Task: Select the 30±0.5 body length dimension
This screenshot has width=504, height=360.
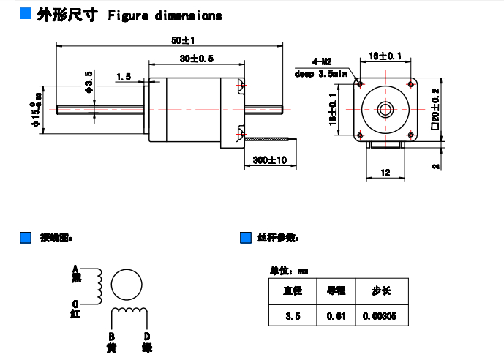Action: coord(195,57)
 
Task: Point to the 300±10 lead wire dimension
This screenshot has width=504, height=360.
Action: coord(269,160)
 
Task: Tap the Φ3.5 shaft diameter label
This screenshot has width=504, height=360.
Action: coord(89,82)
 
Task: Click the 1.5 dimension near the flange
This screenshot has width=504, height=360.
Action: coord(123,76)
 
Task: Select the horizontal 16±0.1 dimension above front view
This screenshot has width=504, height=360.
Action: coord(385,56)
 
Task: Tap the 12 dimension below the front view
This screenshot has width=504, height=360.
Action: coord(385,172)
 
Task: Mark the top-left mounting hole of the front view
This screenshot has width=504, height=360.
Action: coord(360,83)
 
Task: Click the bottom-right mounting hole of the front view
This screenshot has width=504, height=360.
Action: coord(410,134)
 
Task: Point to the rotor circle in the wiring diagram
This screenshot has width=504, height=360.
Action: coord(128,285)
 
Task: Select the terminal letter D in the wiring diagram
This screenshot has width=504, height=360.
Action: coord(146,337)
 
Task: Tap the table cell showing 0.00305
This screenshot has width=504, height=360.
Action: coord(380,316)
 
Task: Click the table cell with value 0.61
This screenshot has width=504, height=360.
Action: coord(336,316)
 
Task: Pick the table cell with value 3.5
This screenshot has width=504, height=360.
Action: coord(293,316)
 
